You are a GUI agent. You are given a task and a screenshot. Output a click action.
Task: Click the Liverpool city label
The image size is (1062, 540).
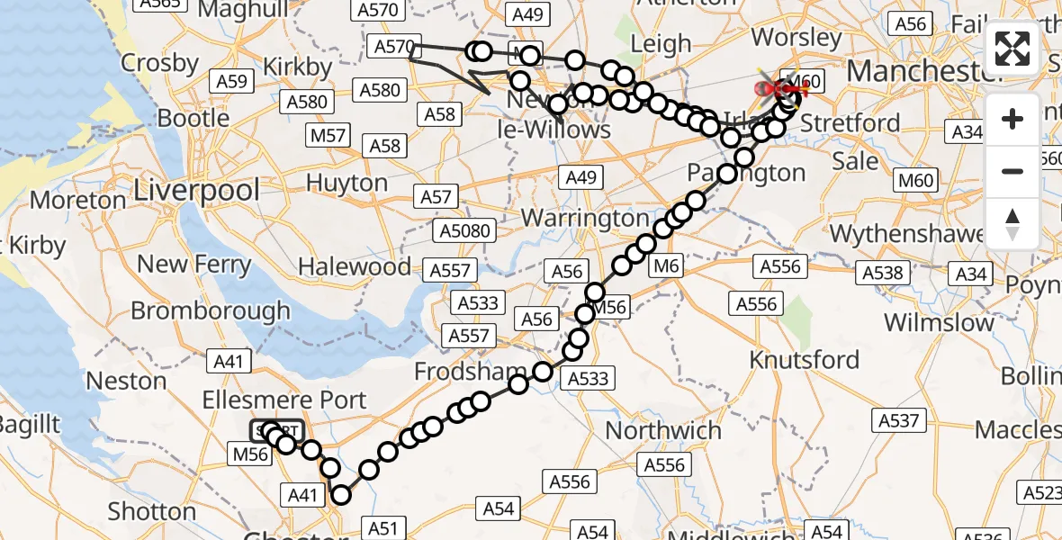196,191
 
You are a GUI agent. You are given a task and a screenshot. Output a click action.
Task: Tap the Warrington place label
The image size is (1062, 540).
584,219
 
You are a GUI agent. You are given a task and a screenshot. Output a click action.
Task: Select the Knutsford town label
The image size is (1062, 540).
805,360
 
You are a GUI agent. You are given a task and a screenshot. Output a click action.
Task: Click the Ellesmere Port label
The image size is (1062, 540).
284,400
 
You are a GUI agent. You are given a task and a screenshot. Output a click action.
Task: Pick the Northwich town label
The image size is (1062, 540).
663,430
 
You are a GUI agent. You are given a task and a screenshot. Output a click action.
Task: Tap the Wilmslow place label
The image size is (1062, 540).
939,322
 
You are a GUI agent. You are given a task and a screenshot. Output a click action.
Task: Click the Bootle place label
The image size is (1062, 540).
193,118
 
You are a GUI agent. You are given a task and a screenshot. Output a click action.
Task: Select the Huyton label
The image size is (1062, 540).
346,183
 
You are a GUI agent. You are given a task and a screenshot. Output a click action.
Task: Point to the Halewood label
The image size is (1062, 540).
355,267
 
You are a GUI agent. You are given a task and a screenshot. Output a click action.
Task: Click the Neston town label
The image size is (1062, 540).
126,381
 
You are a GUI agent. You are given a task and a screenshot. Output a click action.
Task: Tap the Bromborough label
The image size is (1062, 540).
211,310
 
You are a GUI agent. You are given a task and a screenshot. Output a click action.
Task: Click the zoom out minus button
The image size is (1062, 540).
1012,171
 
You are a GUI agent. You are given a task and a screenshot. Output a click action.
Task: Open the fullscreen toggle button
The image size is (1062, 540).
1012,49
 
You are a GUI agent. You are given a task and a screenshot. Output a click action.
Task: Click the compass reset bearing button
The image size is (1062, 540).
1012,223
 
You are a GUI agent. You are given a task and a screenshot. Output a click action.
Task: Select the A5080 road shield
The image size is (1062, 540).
465,231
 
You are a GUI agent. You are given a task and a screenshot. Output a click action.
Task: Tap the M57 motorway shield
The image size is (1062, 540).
328,136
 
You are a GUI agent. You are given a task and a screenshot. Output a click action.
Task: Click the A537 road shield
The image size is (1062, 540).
898,420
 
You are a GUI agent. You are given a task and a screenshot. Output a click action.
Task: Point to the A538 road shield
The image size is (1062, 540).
882,273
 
